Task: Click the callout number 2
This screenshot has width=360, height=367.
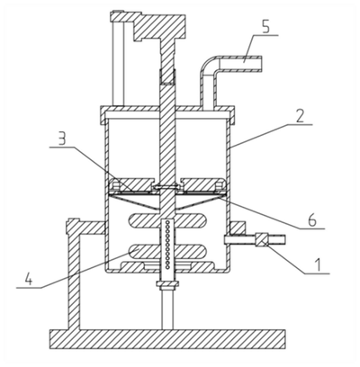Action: pos(301,116)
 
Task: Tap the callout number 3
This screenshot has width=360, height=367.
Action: pos(62,139)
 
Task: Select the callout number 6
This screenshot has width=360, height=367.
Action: pos(312,221)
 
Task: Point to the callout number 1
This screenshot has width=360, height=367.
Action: pos(319,265)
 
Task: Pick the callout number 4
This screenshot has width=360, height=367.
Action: pos(29,279)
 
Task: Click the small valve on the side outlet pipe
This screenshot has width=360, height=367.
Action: pos(261,240)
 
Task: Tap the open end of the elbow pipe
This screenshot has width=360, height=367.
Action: pos(261,64)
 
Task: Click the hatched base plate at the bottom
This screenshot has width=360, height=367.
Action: pos(167,339)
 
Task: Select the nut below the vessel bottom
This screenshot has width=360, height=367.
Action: pos(167,284)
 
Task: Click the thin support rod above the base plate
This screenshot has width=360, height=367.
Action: pos(167,309)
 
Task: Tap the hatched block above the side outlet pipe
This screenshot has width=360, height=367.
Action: pos(238,228)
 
